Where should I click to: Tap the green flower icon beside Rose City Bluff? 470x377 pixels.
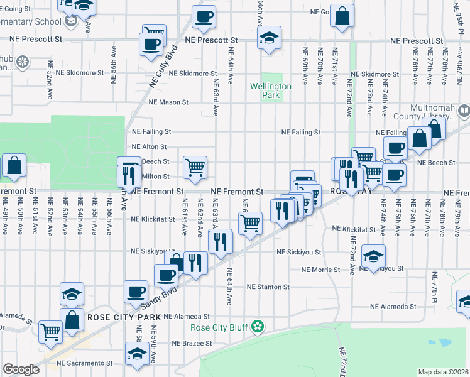tap(257, 326)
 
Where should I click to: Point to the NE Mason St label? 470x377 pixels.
tap(168, 102)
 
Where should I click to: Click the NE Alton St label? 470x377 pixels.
tap(148, 146)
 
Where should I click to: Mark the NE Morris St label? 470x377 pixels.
tap(320, 270)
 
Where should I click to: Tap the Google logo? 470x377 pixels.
tap(21, 369)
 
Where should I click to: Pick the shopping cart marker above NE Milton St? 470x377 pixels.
tap(195, 167)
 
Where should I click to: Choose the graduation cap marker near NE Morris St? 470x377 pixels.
tap(373, 256)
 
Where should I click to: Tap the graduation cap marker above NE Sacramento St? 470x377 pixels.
tap(136, 354)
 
